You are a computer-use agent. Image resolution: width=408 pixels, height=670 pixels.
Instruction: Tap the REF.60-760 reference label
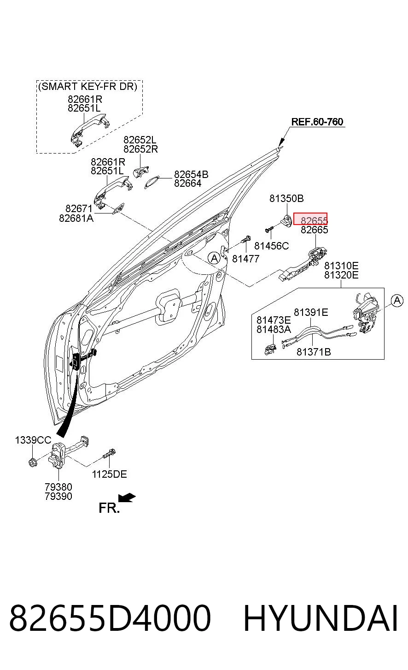317,122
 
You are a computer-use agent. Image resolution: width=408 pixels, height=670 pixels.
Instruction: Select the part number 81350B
286,198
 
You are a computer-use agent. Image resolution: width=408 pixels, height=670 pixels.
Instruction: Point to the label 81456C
272,246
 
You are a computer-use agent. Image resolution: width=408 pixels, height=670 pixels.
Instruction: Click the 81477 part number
245,259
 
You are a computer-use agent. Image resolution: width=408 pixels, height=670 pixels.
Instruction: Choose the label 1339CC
33,440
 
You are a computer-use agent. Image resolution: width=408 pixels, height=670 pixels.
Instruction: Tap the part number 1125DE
109,474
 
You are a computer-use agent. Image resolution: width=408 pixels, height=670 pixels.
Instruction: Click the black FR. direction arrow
127,498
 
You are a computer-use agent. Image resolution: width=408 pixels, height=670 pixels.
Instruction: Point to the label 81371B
314,352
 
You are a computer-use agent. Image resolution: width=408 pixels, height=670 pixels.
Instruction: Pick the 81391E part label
311,312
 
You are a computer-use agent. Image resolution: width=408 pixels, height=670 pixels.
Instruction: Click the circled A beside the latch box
397,300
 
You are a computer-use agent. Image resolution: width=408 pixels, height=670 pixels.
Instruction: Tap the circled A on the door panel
214,258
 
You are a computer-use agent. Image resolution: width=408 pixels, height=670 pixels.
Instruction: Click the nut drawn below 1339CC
33,462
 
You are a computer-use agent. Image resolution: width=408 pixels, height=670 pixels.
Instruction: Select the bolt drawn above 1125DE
109,453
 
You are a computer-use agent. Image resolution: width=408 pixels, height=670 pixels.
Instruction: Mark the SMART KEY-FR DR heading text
87,86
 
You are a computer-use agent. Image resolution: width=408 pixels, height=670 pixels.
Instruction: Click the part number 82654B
191,174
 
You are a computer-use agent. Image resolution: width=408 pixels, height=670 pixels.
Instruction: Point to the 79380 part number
58,487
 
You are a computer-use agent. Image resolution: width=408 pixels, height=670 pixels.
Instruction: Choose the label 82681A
76,219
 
